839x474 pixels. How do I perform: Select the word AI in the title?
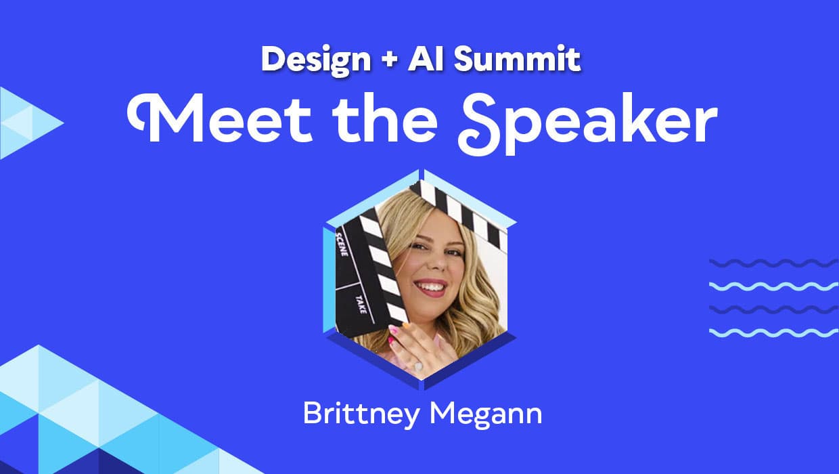pos(425,58)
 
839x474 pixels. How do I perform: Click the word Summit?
pos(517,58)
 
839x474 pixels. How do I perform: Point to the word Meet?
pos(220,118)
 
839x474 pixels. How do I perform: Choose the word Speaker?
pos(587,123)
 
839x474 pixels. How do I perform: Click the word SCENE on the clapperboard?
pos(342,244)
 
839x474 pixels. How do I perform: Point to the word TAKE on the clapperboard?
pos(361,304)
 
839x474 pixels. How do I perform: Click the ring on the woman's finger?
pos(418,366)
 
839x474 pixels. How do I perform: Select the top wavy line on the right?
pos(774,263)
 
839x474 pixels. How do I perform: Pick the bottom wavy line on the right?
pos(774,332)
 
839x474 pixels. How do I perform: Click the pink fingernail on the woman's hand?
pos(392,330)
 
